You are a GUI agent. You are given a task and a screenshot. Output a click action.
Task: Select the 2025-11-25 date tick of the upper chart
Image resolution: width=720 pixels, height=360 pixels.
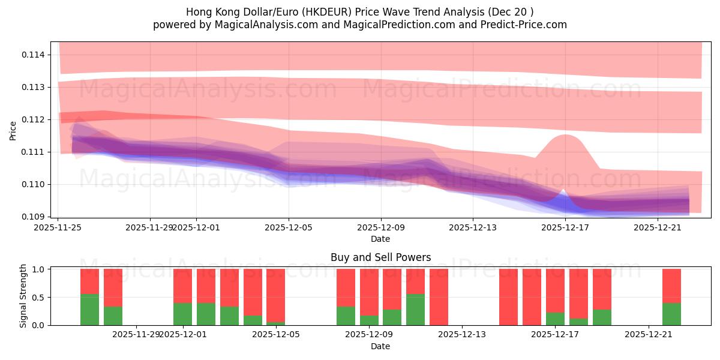click(58, 227)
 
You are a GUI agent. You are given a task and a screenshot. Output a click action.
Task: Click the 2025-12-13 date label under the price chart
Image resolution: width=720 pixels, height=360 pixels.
click(473, 227)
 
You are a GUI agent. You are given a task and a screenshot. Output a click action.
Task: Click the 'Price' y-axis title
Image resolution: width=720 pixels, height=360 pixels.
click(13, 130)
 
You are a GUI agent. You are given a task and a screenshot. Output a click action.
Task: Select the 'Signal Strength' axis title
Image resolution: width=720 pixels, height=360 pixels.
click(23, 296)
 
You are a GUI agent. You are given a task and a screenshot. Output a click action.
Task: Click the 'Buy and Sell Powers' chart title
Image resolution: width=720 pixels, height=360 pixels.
click(380, 257)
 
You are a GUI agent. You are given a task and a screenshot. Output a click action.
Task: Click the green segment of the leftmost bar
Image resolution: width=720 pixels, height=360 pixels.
click(89, 310)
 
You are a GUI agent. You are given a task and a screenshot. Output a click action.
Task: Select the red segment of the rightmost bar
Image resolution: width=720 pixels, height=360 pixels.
click(671, 286)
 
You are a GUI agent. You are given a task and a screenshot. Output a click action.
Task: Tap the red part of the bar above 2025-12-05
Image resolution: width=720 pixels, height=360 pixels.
click(275, 295)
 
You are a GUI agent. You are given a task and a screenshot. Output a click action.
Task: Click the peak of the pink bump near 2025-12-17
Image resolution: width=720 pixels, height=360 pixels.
click(565, 135)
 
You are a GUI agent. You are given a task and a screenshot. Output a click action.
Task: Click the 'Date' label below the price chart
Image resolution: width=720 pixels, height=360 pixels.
click(380, 239)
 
